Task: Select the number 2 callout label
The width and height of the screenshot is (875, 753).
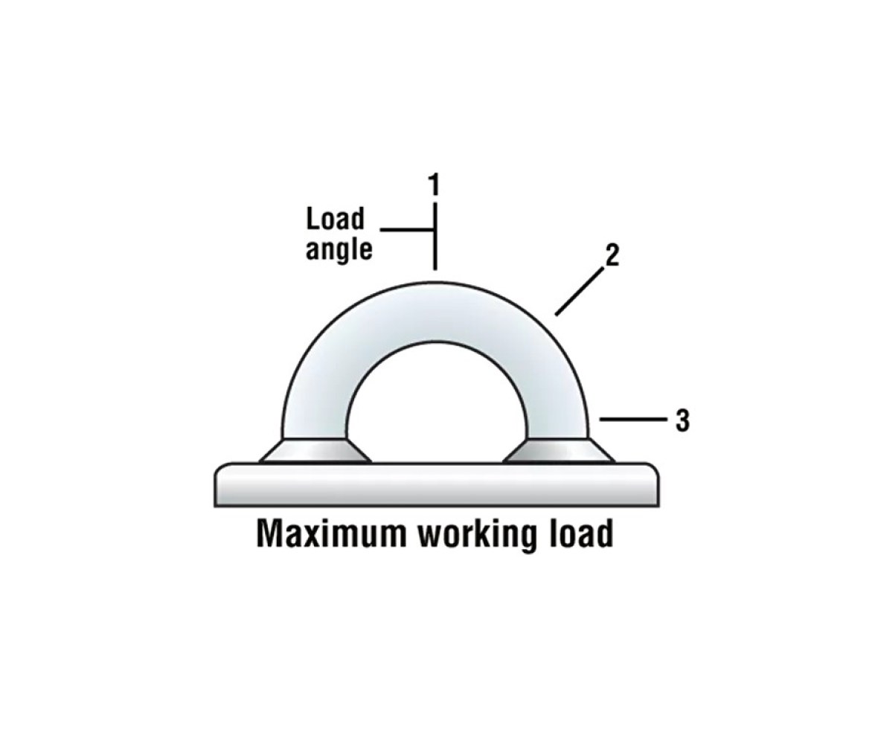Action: pyautogui.click(x=612, y=256)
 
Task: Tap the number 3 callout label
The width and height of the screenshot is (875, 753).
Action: pyautogui.click(x=682, y=420)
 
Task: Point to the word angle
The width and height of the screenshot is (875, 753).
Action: pyautogui.click(x=339, y=249)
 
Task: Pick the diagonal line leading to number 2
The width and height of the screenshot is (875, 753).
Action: pyautogui.click(x=580, y=292)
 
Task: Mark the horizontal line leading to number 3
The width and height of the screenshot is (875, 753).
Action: pyautogui.click(x=632, y=419)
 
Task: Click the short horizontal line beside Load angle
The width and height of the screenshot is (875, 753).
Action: pyautogui.click(x=406, y=229)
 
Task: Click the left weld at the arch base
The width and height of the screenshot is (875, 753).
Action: pyautogui.click(x=315, y=451)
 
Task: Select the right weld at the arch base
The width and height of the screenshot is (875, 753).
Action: pyautogui.click(x=559, y=451)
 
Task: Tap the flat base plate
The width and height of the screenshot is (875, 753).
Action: pyautogui.click(x=436, y=484)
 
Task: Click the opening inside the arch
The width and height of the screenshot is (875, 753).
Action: pyautogui.click(x=436, y=408)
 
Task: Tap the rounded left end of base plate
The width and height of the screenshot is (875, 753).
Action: pyautogui.click(x=220, y=484)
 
